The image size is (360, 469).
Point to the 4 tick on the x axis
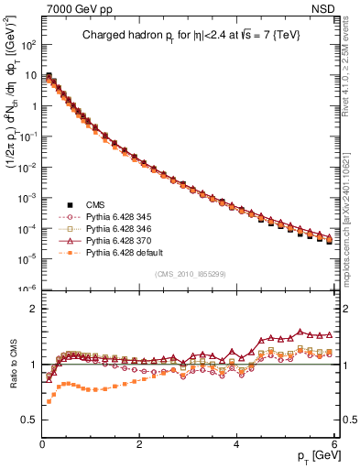pyautogui.click(x=236, y=442)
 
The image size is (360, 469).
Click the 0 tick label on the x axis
pyautogui.click(x=42, y=442)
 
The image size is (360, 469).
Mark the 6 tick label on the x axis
pyautogui.click(x=334, y=442)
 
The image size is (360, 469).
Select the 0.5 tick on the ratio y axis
pyautogui.click(x=28, y=420)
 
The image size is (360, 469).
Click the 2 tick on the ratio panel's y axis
pyautogui.click(x=33, y=310)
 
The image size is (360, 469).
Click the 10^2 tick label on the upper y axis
pyautogui.click(x=27, y=44)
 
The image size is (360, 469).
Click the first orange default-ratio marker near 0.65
pyautogui.click(x=49, y=401)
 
